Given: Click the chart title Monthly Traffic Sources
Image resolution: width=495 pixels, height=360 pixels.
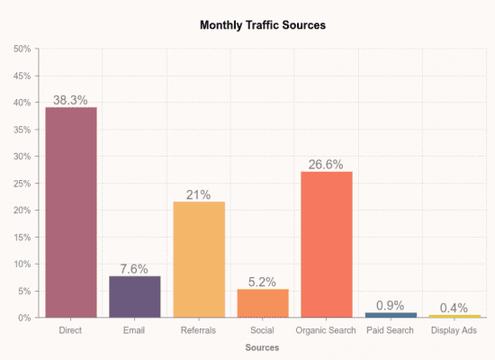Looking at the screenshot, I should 262,25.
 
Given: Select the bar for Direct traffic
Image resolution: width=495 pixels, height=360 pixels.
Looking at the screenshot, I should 70,212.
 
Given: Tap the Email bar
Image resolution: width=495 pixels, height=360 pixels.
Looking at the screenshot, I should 135,297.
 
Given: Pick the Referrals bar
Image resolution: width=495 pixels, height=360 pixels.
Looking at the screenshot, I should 199,259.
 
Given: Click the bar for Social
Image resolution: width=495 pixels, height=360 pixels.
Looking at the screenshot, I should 263,303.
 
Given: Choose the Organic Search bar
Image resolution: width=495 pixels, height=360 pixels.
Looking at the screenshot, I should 327,245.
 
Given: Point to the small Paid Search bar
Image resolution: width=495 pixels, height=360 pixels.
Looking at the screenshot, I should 391,315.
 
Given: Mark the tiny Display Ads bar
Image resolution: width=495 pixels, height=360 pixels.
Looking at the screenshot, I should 454,316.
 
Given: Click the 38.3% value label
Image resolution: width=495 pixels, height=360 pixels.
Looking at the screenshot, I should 70,100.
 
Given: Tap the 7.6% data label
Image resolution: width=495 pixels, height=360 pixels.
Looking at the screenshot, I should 135,269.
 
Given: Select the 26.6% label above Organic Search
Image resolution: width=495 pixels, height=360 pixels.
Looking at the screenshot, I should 327,164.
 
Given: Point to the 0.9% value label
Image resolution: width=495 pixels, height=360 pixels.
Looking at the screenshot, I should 391,305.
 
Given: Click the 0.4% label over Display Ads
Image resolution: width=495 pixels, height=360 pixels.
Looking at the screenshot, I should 454,308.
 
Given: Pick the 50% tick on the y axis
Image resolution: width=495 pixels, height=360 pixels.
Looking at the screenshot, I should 22,49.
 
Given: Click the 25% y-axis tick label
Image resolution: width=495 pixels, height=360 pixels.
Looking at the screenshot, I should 22,184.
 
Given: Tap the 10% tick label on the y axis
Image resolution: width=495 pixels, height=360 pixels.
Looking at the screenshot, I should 22,265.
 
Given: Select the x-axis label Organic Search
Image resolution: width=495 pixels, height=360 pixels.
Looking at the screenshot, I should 327,331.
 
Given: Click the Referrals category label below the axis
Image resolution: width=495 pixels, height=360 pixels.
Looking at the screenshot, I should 199,331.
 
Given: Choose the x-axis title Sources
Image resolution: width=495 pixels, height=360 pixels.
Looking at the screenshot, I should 262,347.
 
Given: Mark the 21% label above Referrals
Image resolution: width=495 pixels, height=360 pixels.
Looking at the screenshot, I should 199,194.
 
